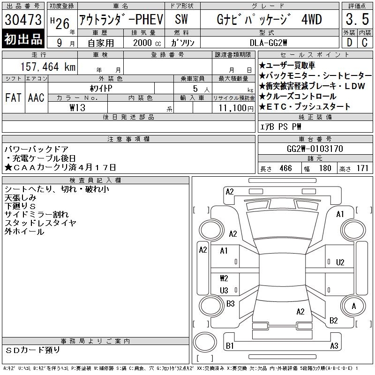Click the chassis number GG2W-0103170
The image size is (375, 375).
click(315, 149)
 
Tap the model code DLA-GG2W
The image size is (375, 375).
click(270, 42)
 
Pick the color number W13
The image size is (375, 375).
click(77, 107)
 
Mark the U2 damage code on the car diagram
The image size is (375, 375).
click(340, 262)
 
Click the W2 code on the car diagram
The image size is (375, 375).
click(224, 278)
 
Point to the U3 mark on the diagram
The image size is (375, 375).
click(224, 290)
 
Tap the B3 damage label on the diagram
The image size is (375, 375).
click(230, 304)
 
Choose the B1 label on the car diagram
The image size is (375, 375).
click(230, 346)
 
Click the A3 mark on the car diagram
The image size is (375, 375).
click(334, 346)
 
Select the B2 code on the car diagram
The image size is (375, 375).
click(334, 321)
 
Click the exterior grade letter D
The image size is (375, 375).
click(349, 42)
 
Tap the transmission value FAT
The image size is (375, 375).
click(13, 97)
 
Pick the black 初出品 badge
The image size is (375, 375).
click(23, 39)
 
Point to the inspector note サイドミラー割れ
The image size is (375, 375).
click(36, 215)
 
